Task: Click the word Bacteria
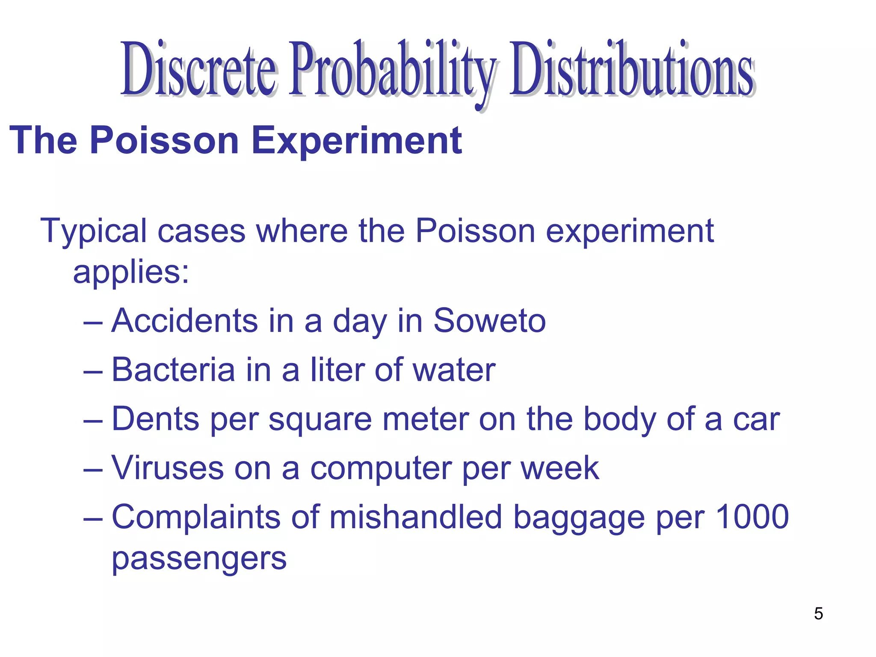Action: (173, 370)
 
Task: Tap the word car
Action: (757, 419)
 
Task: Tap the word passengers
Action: (199, 559)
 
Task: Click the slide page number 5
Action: (818, 613)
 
